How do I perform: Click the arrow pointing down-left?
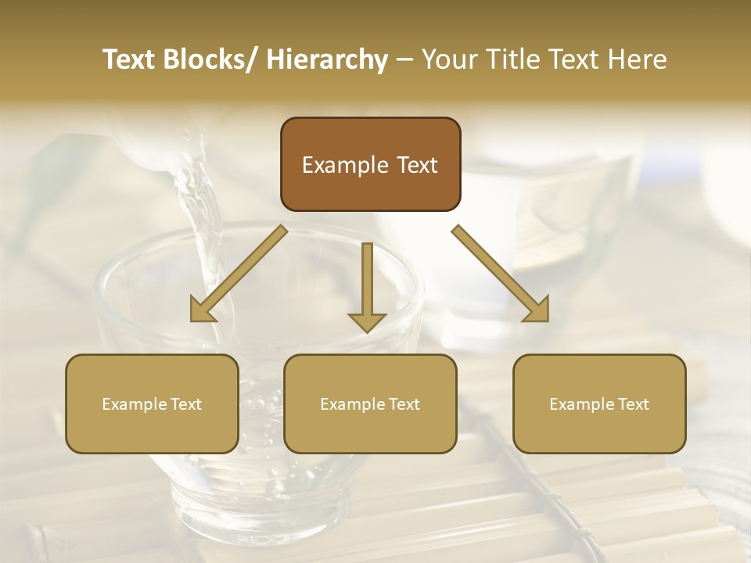239,274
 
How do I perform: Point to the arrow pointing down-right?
501,274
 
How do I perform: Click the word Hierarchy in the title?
327,60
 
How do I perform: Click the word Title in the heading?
510,60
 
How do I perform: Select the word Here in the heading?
639,60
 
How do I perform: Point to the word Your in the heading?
449,60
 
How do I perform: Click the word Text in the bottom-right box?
632,404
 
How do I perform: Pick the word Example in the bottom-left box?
134,404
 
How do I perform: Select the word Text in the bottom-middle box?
403,404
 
